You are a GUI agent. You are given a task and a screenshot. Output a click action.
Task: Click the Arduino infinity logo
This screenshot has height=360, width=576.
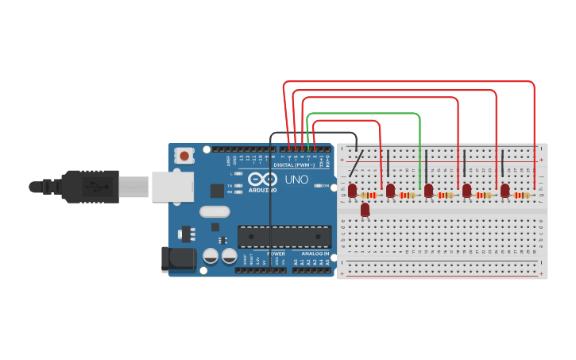coord(263,179)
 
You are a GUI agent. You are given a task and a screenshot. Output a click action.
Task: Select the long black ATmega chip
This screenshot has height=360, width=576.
coord(284,236)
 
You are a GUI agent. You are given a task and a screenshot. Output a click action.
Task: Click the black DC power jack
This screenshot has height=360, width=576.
coord(178,259)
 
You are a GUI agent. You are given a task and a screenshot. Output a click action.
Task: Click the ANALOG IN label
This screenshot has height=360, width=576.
coord(315,254)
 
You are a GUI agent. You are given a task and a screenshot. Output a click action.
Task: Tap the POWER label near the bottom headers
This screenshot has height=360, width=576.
coord(276,254)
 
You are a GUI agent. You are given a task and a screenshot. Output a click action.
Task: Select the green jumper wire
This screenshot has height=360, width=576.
coord(363,114)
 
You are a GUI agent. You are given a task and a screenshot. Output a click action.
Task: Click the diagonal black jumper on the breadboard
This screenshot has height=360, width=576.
coord(357,165)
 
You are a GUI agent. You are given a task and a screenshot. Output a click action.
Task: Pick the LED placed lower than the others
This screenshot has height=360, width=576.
coord(365,210)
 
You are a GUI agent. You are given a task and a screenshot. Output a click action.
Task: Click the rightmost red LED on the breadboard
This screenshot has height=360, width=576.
coord(504,190)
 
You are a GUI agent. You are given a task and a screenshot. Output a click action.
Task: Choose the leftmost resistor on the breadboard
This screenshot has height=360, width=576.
coord(369,195)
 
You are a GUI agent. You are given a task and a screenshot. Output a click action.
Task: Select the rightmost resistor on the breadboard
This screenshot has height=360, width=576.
coord(521,195)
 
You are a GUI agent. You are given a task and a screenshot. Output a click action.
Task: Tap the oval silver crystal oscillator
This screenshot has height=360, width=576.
coord(215,211)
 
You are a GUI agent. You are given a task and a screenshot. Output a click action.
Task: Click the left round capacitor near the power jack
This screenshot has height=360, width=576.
coord(211,256)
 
